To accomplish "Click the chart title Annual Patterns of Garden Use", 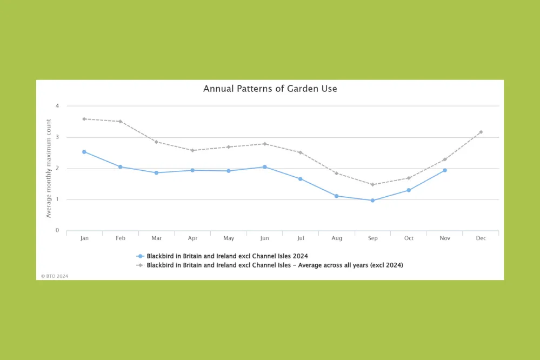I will (x=270, y=89).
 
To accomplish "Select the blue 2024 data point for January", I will (x=84, y=152).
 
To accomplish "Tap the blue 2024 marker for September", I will (x=372, y=201).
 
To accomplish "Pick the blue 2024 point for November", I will (x=445, y=170).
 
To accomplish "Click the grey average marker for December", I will (x=481, y=132).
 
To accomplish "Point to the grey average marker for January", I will (x=84, y=119).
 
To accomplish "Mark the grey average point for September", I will (x=372, y=184).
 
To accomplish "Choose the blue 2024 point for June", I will (x=264, y=167).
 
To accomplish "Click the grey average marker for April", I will (x=192, y=150).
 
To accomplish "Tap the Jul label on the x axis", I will (x=301, y=238).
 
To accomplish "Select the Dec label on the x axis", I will (x=481, y=238).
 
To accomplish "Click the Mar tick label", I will (x=156, y=238).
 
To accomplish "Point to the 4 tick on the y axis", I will (x=57, y=106).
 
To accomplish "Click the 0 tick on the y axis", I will (x=57, y=231).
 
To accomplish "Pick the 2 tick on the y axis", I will (x=57, y=169).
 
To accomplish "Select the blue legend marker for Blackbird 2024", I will (x=141, y=256).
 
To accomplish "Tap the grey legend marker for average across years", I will (x=141, y=265).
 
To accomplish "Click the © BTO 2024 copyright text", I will (x=55, y=276).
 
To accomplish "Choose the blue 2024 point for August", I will (x=336, y=196).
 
